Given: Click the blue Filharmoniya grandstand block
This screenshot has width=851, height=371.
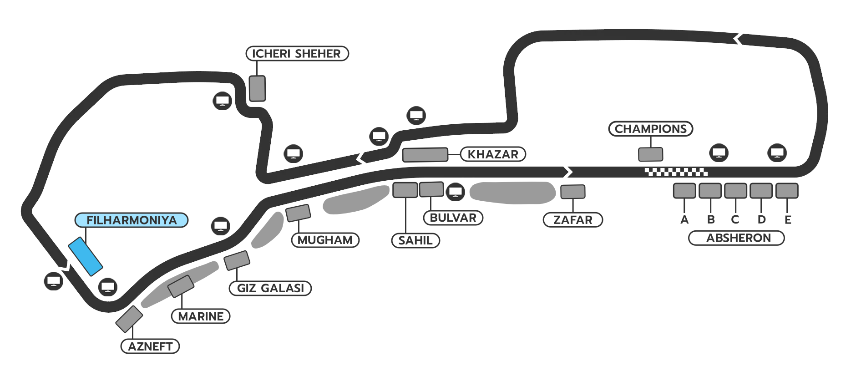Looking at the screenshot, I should point(86,256).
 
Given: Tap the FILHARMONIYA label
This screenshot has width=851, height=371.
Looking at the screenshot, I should point(132,220).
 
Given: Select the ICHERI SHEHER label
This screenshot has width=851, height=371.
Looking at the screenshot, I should point(297,53).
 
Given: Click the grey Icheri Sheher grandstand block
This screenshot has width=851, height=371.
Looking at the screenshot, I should point(257,88).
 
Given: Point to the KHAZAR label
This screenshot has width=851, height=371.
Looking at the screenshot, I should point(493,154).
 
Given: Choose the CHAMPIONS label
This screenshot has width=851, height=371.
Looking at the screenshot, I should point(650,129).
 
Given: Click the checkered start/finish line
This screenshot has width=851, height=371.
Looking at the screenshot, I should point(676,172).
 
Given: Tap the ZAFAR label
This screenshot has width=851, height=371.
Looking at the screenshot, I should point(572,220).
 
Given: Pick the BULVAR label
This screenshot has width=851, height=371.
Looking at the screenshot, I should point(453,218).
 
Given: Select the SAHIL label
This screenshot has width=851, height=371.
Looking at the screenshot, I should point(415,240).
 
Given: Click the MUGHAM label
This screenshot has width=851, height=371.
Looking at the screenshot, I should point(325,240).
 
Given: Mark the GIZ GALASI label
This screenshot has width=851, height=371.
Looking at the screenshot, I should point(270,288).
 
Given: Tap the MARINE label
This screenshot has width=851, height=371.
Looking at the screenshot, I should point(201,316).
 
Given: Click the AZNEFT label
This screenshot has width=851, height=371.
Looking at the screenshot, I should point(150,346).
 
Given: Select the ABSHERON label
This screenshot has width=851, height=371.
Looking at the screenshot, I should point(738,238).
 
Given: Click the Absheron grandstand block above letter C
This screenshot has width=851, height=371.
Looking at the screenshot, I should point(735,191).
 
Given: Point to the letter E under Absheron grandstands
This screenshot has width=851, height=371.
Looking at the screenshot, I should point(788,220).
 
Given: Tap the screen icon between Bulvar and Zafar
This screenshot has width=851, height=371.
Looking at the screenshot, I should point(455,192).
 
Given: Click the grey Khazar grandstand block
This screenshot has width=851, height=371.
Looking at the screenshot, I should point(425,155).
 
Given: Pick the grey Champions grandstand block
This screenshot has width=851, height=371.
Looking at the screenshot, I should point(650,154).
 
